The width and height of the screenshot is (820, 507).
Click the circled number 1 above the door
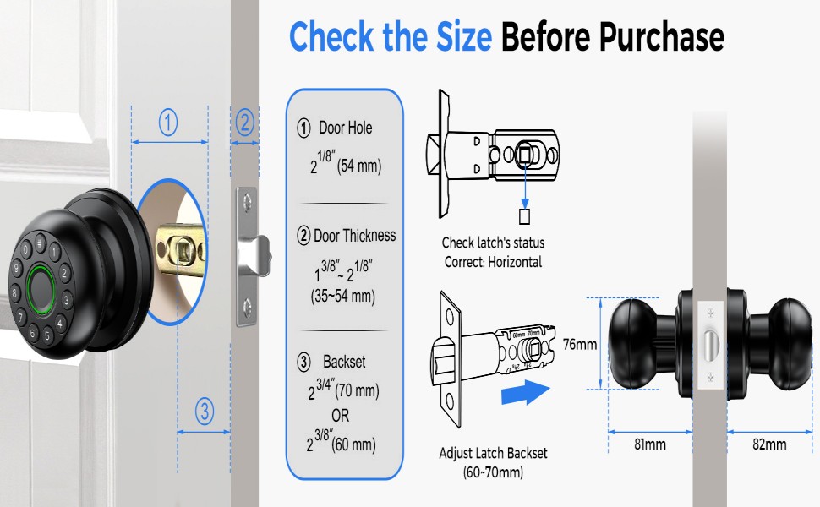tap(168, 124)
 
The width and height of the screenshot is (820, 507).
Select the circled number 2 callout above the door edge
tap(244, 123)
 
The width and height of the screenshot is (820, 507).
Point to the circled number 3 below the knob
tap(204, 412)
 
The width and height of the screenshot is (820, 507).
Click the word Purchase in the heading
tap(662, 36)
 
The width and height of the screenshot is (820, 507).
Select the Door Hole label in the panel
tap(345, 128)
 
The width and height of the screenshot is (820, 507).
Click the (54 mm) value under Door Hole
tap(359, 166)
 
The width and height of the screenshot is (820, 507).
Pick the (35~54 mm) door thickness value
tap(343, 297)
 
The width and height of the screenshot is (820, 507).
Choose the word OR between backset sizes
tap(340, 417)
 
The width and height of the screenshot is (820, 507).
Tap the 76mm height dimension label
tap(580, 344)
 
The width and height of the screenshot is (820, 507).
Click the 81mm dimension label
tap(649, 444)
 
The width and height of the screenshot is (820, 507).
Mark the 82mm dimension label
tap(768, 444)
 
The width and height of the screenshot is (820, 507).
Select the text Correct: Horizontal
tap(493, 262)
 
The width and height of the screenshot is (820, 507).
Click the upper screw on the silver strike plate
tap(246, 201)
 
